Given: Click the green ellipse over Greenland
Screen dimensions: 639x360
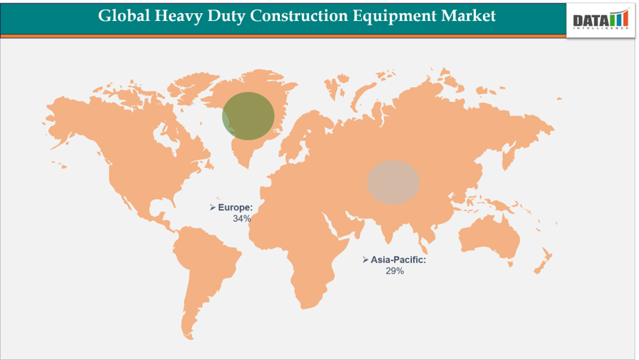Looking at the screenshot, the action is [248, 116].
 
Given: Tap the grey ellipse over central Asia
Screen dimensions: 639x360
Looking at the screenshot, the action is [393, 181].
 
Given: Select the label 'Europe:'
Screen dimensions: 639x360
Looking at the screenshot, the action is [235, 207].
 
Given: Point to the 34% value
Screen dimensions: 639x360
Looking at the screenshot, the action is [242, 218].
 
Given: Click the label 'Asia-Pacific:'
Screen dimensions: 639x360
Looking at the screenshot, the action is [398, 260].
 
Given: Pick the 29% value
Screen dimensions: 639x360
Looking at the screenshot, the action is [395, 271].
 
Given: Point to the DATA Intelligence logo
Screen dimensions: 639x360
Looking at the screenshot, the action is [600, 20].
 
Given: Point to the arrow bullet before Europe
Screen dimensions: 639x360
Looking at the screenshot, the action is [212, 207].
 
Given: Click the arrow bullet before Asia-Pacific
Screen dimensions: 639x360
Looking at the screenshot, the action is [365, 260].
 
